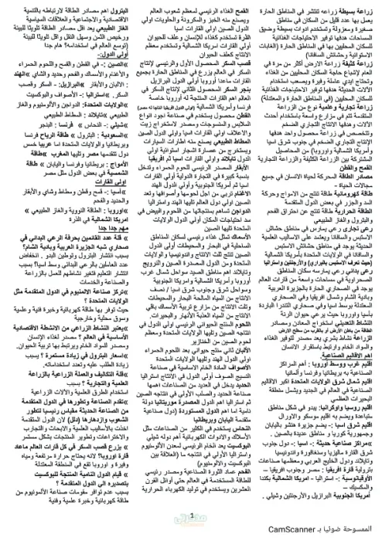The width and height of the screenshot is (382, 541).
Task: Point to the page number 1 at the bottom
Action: pyautogui.click(x=191, y=511)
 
